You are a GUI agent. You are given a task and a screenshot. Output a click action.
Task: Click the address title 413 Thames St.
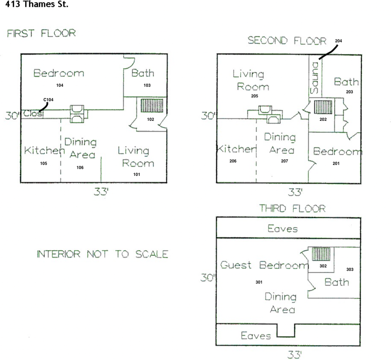coord(37,5)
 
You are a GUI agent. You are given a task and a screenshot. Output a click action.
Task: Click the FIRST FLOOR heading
coord(41,33)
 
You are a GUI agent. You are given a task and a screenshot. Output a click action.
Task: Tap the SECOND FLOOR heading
coord(287,40)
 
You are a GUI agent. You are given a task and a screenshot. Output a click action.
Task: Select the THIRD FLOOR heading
coord(292,208)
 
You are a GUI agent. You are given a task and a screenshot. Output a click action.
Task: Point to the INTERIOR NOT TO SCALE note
coord(102,254)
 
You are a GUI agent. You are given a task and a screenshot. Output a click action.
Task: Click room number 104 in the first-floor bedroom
coord(60,85)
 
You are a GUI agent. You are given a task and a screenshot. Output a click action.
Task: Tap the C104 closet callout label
coord(48,99)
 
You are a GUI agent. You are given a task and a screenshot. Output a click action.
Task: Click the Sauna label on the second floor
coord(315,78)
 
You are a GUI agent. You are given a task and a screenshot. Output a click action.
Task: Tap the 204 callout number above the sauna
coord(339,41)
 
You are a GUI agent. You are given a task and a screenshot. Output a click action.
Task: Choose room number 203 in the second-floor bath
coord(349,91)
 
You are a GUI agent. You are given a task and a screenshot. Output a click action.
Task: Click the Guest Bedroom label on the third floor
coord(264,265)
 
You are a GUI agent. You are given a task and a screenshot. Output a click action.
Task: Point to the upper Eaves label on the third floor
coord(283,228)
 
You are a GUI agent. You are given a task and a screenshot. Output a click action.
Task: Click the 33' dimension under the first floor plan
coord(101,192)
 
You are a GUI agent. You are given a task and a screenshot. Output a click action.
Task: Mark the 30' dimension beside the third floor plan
coord(209,278)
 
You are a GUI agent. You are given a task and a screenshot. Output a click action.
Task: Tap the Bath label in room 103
coord(143,73)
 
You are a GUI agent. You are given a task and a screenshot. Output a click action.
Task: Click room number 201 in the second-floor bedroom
coord(336,163)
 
